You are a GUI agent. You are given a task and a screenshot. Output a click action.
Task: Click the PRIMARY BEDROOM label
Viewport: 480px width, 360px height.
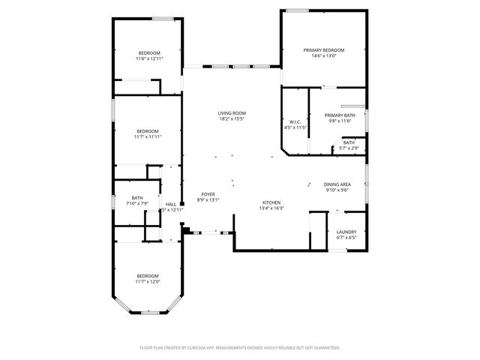324,50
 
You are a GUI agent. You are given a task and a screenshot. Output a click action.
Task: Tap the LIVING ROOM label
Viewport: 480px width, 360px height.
232,113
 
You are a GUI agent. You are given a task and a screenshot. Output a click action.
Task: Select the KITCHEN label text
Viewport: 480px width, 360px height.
271,202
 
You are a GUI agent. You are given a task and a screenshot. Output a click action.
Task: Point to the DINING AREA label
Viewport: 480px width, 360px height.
337,184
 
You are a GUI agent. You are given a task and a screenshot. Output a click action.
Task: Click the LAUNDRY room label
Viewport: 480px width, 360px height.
346,232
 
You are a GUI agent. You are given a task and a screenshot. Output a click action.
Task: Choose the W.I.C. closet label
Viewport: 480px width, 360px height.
295,122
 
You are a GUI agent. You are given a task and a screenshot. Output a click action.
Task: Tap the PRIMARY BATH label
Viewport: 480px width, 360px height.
340,115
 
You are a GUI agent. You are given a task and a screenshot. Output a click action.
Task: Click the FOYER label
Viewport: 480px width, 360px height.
208,194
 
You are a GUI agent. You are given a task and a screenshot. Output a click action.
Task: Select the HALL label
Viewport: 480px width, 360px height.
171,204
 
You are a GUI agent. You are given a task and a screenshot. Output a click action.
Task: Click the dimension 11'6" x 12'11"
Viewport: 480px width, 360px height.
149,58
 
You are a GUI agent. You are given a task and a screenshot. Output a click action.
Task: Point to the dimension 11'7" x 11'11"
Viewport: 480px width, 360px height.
148,136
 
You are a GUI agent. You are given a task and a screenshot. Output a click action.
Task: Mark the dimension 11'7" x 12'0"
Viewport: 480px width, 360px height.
148,281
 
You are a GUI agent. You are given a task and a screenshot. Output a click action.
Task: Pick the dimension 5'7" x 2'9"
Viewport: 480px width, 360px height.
349,148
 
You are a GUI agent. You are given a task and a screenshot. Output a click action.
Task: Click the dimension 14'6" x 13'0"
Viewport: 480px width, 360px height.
324,55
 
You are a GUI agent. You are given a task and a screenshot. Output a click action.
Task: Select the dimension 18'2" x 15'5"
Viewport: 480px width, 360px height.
232,118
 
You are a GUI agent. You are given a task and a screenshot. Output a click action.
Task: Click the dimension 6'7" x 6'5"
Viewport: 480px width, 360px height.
346,237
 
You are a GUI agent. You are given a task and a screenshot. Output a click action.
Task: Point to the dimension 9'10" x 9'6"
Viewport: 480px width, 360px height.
337,190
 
